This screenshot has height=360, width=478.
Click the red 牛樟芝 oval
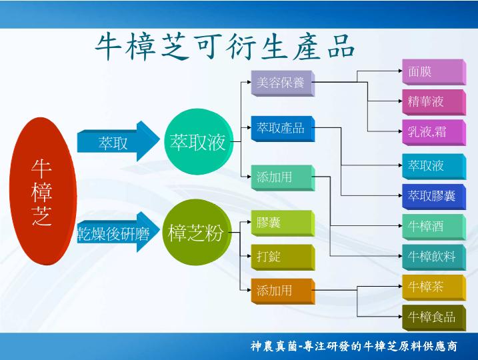(43, 191)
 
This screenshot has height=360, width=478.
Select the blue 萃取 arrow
(118, 141)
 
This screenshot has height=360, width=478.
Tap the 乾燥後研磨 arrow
(118, 232)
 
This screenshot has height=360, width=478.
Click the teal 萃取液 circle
(199, 142)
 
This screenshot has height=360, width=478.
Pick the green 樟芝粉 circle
(197, 232)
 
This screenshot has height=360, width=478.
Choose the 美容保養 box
(283, 83)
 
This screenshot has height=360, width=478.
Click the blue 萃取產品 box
(283, 129)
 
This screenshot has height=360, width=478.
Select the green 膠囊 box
(283, 223)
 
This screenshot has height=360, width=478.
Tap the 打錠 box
(283, 257)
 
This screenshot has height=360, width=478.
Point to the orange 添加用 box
(283, 291)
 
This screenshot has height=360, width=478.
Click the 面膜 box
(434, 72)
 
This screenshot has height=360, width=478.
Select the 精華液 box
(434, 103)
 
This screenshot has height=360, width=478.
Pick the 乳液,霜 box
(434, 133)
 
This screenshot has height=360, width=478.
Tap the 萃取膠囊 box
(434, 197)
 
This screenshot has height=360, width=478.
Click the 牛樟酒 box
(434, 227)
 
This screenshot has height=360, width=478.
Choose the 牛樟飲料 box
(434, 257)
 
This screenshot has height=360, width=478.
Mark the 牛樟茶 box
(434, 287)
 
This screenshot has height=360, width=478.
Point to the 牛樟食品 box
(434, 317)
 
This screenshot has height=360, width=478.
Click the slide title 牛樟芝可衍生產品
(225, 47)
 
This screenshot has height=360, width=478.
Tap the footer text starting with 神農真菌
(353, 346)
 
